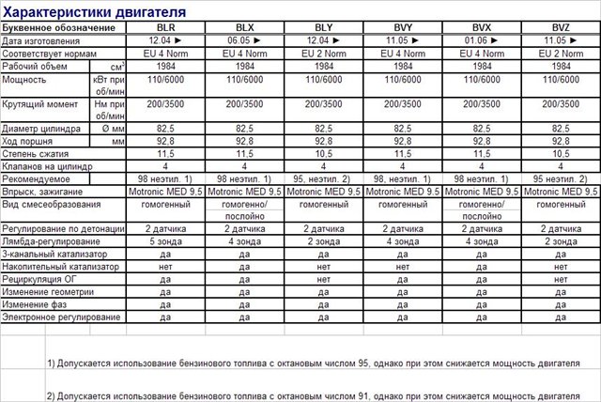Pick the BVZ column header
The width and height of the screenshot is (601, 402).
coord(562,28)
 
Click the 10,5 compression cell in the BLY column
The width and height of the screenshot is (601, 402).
coord(324,153)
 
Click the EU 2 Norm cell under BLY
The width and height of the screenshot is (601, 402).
coord(324,54)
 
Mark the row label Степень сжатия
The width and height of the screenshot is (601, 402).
coord(36,153)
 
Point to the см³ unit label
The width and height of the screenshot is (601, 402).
coord(117,67)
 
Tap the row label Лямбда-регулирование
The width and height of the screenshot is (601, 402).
coord(47,241)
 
